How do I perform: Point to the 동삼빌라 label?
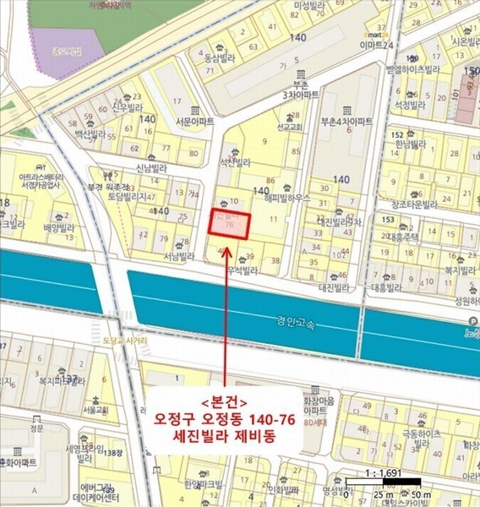217,58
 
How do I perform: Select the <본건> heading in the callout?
225,401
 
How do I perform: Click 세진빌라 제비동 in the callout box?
225,436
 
